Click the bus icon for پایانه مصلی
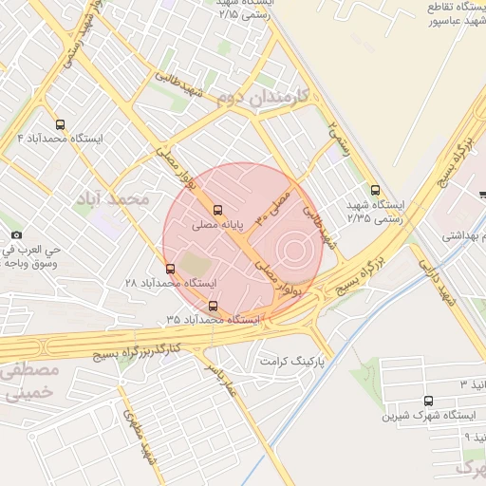click(218, 210)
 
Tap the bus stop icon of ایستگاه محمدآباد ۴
click(61, 124)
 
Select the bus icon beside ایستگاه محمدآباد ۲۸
click(170, 269)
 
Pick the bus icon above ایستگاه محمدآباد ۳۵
click(213, 306)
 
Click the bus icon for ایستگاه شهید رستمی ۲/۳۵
click(375, 190)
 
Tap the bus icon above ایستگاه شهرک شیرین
click(429, 401)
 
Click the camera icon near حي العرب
click(16, 234)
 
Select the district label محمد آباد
click(118, 199)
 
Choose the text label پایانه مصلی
click(218, 226)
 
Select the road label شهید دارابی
click(453, 283)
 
